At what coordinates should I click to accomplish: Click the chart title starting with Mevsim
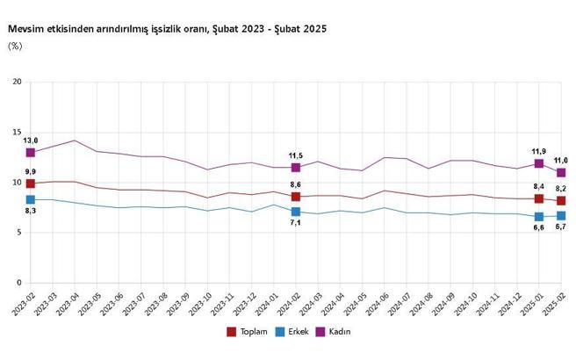click(x=167, y=29)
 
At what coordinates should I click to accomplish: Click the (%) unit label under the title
click(x=15, y=46)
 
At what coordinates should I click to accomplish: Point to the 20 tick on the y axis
click(x=16, y=82)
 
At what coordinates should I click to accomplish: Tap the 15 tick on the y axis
click(x=16, y=132)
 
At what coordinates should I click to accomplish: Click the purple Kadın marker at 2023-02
click(x=31, y=153)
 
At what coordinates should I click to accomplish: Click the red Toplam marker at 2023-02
click(x=31, y=184)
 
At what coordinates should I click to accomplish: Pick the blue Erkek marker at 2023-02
click(x=31, y=200)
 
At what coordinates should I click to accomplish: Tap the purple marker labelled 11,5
click(x=296, y=167)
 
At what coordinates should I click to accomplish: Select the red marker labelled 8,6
click(x=296, y=197)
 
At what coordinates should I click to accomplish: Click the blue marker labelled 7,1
click(x=296, y=212)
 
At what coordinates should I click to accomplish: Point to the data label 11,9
click(x=538, y=150)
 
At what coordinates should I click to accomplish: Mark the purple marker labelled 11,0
click(x=561, y=172)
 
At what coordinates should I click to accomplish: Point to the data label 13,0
click(x=31, y=140)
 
